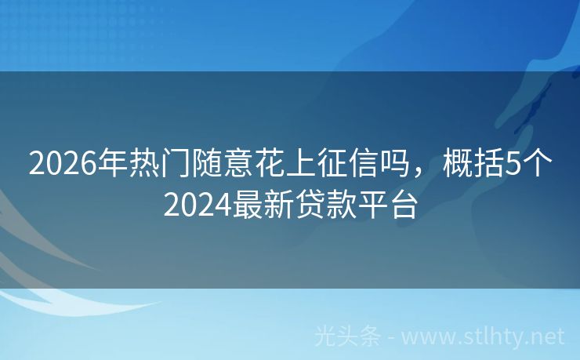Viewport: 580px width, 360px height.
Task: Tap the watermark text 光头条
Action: (x=347, y=336)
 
